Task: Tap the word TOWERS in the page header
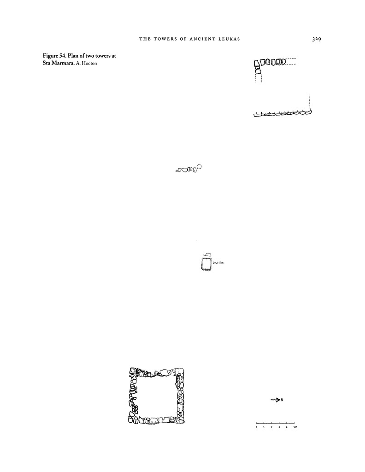click(x=165, y=40)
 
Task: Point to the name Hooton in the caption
click(x=90, y=63)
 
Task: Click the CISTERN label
click(x=218, y=263)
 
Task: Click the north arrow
click(x=275, y=400)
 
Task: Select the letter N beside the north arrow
click(x=282, y=400)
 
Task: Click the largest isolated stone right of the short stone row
click(x=200, y=167)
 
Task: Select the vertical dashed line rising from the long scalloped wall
click(x=309, y=101)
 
